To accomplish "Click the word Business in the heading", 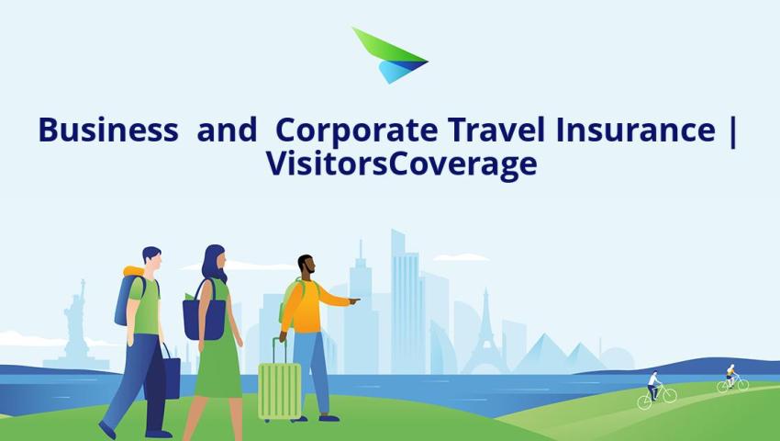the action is tap(108, 130).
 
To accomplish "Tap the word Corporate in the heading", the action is tap(356, 130).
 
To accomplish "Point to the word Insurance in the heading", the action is tap(636, 130).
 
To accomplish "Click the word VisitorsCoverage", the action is tap(401, 164).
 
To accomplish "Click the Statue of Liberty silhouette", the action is tap(76, 324).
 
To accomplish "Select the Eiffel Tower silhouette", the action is tap(485, 333).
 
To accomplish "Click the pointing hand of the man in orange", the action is tap(354, 300).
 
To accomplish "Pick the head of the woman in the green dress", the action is tap(216, 262).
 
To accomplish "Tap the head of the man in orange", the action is tap(306, 265).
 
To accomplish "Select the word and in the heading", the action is tap(227, 130).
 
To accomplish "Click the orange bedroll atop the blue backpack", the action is tap(133, 271).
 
